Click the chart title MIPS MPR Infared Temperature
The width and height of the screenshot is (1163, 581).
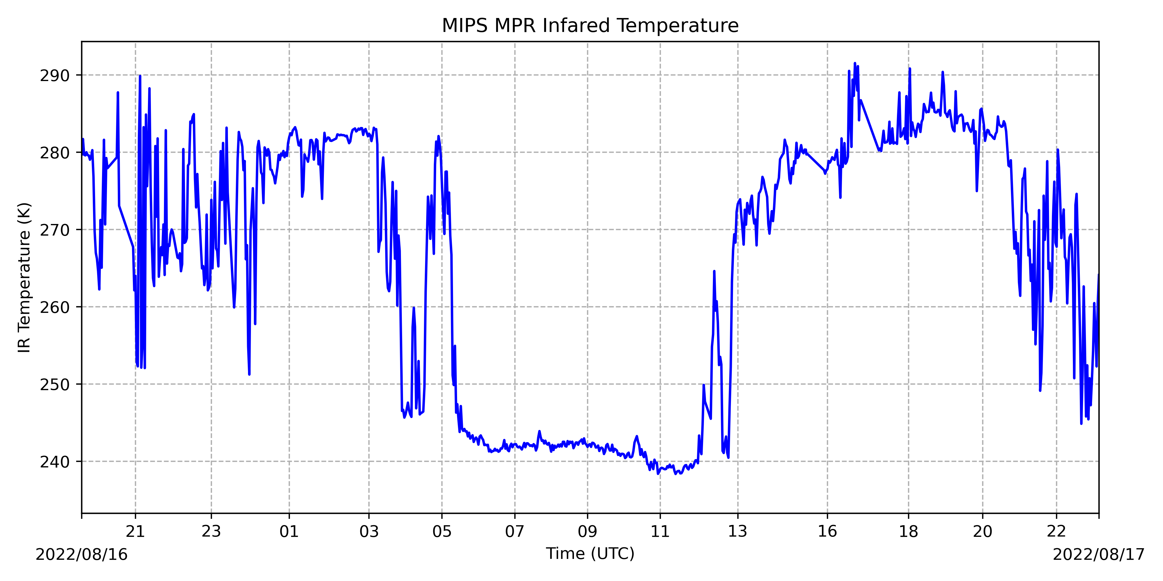click(590, 26)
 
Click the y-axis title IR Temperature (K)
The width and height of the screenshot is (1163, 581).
click(24, 277)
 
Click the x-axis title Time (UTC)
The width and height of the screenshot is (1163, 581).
click(590, 553)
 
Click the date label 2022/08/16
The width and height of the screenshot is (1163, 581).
click(82, 554)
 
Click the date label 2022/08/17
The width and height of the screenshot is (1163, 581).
click(1098, 554)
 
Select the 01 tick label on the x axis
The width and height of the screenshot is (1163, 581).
click(289, 531)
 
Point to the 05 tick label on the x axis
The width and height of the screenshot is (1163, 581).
click(442, 531)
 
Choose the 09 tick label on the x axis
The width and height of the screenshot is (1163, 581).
click(587, 531)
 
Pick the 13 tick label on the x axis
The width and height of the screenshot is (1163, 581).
click(738, 531)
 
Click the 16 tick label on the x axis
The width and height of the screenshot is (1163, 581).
click(827, 531)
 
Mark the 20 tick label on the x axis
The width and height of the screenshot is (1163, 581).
click(982, 531)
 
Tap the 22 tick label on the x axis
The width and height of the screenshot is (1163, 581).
click(1057, 531)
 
